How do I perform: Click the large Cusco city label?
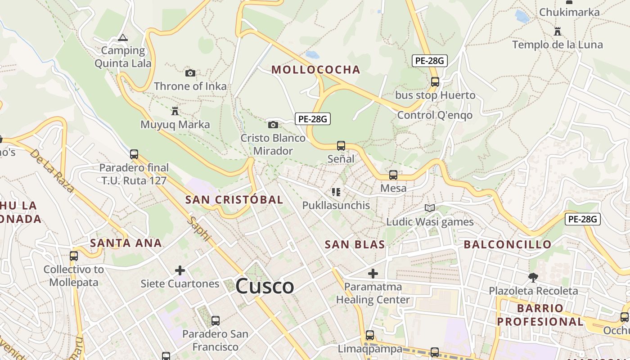tap(265, 286)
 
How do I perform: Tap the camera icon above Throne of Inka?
tap(190, 73)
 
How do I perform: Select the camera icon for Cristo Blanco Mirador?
tap(273, 125)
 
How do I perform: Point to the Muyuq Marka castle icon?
tap(175, 111)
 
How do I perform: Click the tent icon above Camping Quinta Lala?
tap(122, 38)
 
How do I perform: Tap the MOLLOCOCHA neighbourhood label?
tap(316, 70)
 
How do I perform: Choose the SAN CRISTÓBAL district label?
tap(234, 200)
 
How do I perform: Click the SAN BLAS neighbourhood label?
tap(355, 245)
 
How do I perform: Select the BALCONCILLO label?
tap(507, 245)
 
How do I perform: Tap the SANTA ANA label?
tap(126, 243)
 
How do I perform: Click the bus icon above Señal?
tap(341, 145)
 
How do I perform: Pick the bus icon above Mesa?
tap(393, 175)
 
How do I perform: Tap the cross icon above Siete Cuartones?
tap(180, 270)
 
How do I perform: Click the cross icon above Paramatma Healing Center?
tap(373, 273)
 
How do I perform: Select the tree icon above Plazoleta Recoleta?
tap(533, 277)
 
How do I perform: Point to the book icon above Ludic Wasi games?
tap(430, 208)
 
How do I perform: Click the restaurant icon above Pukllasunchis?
tap(336, 192)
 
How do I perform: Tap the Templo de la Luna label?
tap(558, 45)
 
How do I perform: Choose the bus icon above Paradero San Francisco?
tap(216, 320)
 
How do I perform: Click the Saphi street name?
tap(199, 229)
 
